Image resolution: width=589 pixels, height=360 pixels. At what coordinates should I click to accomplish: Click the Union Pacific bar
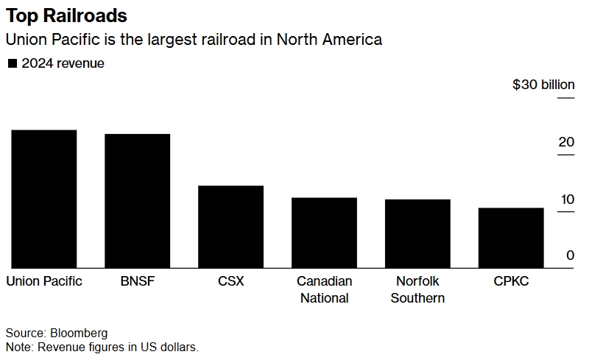[x=44, y=199]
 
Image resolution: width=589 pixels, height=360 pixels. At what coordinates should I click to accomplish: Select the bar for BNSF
[x=138, y=201]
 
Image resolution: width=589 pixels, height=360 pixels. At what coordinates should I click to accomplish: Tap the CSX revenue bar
[x=230, y=227]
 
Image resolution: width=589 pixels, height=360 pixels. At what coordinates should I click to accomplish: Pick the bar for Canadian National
[x=324, y=233]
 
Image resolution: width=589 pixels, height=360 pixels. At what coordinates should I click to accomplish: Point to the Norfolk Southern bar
[x=417, y=233]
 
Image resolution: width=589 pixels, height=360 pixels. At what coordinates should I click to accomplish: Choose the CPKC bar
[x=511, y=238]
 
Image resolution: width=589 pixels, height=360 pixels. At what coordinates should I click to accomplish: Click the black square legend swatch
[x=12, y=64]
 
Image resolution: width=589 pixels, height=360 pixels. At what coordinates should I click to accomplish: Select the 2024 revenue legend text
[x=63, y=63]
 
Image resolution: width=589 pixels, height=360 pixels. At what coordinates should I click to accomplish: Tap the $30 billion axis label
[x=543, y=85]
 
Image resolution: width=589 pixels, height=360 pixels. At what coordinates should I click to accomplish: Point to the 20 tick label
[x=565, y=142]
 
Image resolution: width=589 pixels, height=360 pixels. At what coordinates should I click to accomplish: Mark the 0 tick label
[x=569, y=255]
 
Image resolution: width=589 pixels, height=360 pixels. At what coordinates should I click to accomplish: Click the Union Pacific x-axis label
[x=44, y=281]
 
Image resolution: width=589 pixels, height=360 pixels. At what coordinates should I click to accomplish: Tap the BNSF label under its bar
[x=138, y=281]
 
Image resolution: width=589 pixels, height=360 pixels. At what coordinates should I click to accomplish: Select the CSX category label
[x=230, y=281]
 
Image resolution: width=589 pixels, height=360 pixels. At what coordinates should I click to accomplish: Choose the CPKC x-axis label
[x=511, y=281]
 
